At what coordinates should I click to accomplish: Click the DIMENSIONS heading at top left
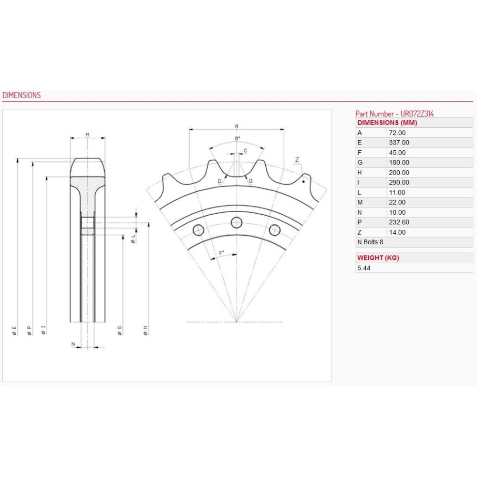[21, 95]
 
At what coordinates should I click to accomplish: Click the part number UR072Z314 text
[394, 114]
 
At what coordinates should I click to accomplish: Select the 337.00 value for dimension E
[399, 143]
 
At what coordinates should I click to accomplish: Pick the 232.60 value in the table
[399, 222]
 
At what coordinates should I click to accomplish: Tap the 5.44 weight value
[363, 268]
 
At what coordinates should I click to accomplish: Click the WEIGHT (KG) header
[378, 258]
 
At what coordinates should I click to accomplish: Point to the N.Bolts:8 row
[370, 242]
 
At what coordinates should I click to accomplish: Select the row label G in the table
[360, 163]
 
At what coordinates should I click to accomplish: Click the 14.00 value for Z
[398, 232]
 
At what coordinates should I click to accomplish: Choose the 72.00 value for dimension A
[398, 133]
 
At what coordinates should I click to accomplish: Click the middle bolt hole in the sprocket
[237, 222]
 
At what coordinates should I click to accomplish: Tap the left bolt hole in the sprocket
[198, 230]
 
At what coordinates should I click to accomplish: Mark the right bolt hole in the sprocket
[274, 230]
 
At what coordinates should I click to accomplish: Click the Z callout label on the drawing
[297, 160]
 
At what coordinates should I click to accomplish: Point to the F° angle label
[222, 252]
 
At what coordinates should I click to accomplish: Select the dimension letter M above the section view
[87, 135]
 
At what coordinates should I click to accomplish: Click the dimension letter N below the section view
[73, 344]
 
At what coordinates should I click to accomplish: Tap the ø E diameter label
[14, 330]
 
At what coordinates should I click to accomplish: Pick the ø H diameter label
[145, 330]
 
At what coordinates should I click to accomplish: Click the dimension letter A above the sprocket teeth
[237, 126]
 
